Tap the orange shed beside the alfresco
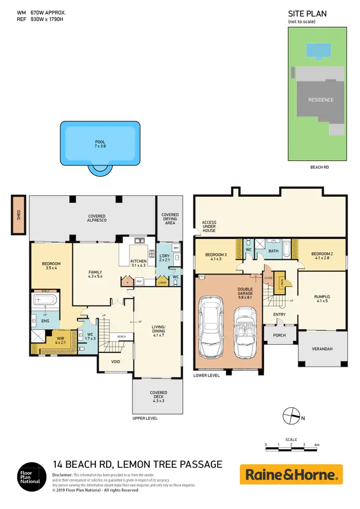pyautogui.click(x=19, y=214)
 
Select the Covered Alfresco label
pyautogui.click(x=96, y=218)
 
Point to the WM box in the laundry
pyautogui.click(x=175, y=248)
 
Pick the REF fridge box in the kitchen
pyautogui.click(x=139, y=282)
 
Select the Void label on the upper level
pyautogui.click(x=115, y=362)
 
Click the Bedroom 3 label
pyautogui.click(x=216, y=256)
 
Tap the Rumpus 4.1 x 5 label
pyautogui.click(x=321, y=299)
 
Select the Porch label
pyautogui.click(x=279, y=335)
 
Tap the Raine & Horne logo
pyautogui.click(x=291, y=474)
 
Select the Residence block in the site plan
pyautogui.click(x=320, y=100)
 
